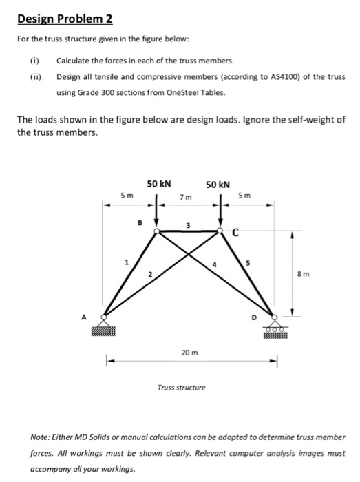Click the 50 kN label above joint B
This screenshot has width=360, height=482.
coord(159,184)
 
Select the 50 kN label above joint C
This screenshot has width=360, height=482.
coord(218,184)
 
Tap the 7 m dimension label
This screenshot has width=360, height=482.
coord(185,198)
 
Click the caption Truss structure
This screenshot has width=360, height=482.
coord(182,388)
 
